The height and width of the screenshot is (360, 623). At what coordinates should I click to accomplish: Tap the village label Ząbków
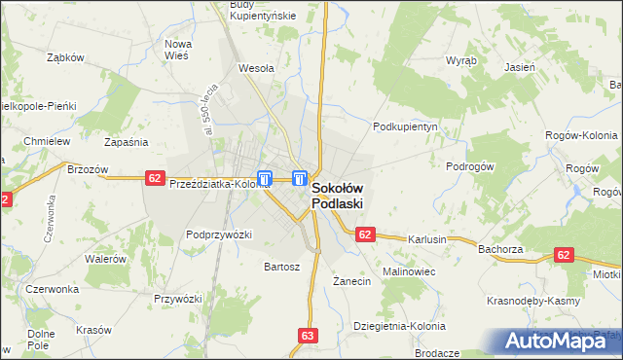(x=67, y=57)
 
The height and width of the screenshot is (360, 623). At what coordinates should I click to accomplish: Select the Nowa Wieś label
(x=177, y=51)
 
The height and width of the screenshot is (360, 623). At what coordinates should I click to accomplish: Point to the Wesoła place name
(x=256, y=69)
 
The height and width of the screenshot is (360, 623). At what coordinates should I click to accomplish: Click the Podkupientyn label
(x=408, y=126)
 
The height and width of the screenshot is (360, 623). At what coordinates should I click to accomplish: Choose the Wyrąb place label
(x=461, y=60)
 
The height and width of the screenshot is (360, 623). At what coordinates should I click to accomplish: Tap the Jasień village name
(x=521, y=68)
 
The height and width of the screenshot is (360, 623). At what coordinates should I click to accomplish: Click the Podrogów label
(x=471, y=166)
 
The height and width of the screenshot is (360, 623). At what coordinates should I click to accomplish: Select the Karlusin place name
(x=426, y=239)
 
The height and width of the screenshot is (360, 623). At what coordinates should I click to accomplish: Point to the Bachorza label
(x=501, y=249)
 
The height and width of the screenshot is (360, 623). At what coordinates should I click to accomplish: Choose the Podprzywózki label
(x=219, y=234)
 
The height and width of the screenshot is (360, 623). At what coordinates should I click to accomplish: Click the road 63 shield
(x=309, y=336)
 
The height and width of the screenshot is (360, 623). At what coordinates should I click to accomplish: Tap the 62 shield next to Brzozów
(x=155, y=177)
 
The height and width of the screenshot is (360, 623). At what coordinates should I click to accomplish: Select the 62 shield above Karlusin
(x=365, y=234)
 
